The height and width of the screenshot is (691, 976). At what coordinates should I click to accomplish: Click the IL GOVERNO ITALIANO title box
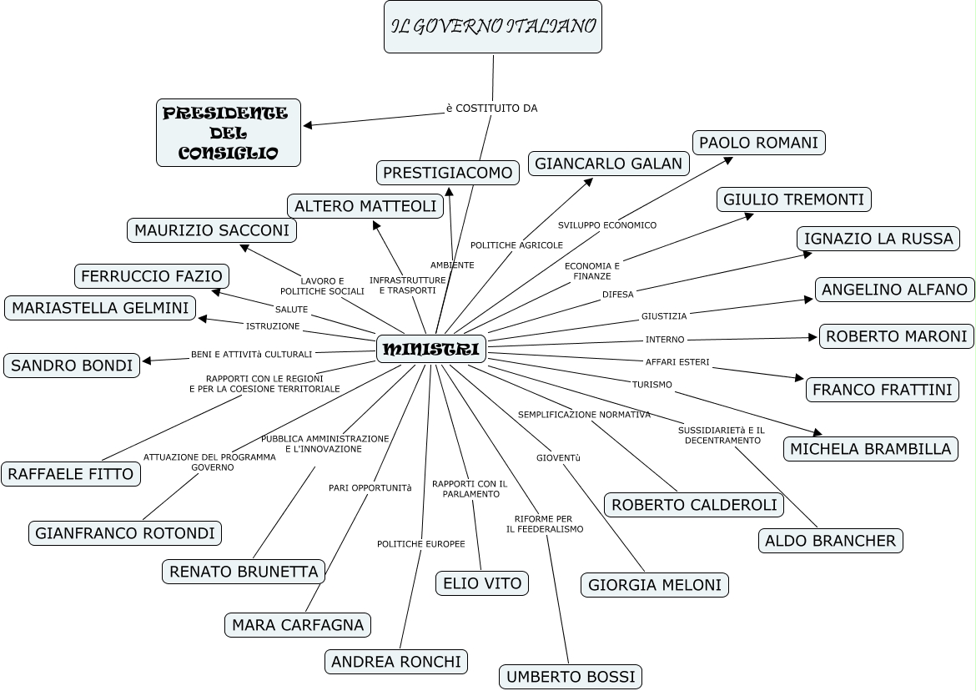pos(493,27)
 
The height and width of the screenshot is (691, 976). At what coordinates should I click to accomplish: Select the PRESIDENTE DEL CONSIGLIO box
pos(228,133)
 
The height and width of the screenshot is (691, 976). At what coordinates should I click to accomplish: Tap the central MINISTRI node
pos(431,349)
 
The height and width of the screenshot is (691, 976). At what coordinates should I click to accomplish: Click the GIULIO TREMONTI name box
pos(793,199)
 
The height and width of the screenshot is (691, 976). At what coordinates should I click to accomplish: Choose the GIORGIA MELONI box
pos(654,585)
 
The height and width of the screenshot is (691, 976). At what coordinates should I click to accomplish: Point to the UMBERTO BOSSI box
pos(571,676)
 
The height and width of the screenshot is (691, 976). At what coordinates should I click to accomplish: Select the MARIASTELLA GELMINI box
pos(100,308)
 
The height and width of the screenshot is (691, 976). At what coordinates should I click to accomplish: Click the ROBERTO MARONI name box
pos(896,336)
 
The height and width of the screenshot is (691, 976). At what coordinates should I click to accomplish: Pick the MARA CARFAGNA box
pos(298,625)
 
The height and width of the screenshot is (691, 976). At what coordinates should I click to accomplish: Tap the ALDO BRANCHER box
pos(831,541)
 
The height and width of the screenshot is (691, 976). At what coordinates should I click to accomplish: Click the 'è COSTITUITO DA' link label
pos(491,108)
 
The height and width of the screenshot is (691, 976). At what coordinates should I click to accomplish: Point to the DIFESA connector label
pos(617,295)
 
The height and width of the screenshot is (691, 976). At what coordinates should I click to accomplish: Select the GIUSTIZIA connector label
pos(664,316)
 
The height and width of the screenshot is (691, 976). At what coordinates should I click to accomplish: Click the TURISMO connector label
pos(652,385)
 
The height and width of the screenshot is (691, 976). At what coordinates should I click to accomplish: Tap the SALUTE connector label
pos(291,310)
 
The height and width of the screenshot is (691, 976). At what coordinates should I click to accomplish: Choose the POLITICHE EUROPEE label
pos(420,544)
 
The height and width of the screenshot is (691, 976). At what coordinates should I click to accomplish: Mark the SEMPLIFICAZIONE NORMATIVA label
pos(583,415)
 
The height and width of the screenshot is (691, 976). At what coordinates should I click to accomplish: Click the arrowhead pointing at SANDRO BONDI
pos(147,361)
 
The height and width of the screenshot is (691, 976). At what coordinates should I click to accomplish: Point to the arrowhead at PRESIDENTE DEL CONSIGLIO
pos(308,126)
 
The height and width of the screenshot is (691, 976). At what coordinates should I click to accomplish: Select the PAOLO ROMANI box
pos(758,143)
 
